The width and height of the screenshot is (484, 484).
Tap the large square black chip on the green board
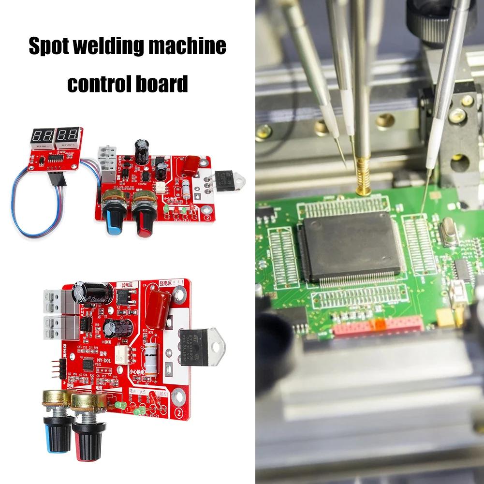350,247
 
